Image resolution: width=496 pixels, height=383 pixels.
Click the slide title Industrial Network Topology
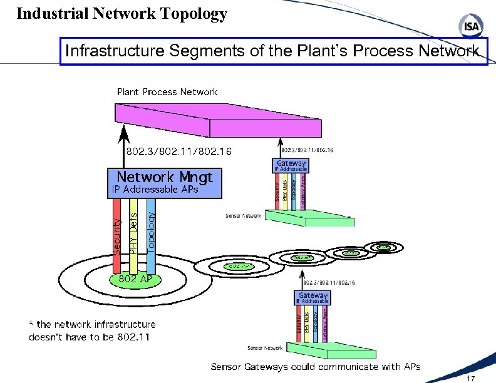tap(121, 14)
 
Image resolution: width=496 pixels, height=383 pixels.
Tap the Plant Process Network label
tap(167, 92)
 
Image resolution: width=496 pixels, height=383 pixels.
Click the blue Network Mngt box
tap(165, 182)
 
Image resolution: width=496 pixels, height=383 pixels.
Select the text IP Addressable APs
tap(155, 190)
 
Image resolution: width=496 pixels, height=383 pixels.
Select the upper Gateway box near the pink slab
tap(291, 165)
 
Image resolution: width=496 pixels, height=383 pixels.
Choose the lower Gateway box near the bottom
tap(313, 297)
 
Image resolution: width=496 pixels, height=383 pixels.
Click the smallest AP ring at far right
tap(383, 248)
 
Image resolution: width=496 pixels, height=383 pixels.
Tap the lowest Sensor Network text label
tap(265, 348)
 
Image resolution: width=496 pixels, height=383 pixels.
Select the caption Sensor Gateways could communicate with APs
tap(315, 367)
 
